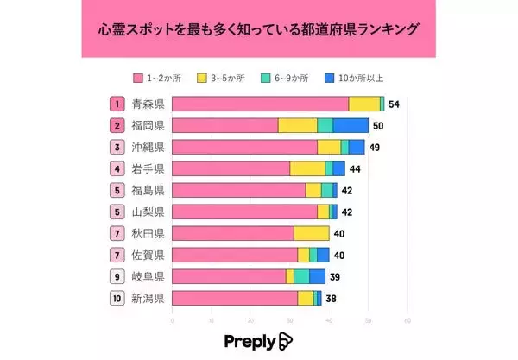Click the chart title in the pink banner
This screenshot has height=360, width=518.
[258, 29]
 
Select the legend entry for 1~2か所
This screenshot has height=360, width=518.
[157, 79]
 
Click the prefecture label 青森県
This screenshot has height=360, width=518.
[148, 104]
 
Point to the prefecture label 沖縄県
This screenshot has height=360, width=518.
[148, 147]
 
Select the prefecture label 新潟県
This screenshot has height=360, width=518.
[148, 298]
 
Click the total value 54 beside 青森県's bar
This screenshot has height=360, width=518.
[394, 104]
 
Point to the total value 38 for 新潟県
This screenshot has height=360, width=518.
[331, 298]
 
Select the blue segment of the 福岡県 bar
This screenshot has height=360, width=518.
[350, 125]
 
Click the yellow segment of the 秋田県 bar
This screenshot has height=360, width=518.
[312, 233]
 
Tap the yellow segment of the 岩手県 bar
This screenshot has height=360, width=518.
[307, 168]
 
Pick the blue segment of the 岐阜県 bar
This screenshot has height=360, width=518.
[317, 276]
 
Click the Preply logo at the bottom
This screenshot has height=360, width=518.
[258, 340]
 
